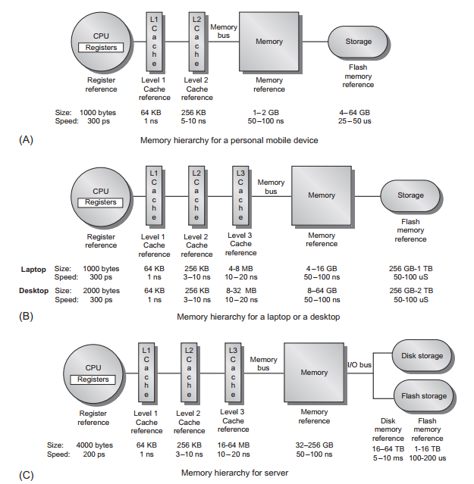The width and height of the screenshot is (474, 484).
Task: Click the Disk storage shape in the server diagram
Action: click(422, 356)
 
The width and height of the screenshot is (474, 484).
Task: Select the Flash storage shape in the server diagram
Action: click(424, 396)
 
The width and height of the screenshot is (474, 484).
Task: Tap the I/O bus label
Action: click(359, 365)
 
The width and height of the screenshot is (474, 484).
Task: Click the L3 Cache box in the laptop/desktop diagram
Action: click(240, 195)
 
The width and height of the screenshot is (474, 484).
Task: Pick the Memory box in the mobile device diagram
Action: click(269, 42)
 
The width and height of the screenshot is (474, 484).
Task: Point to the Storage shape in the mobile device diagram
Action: click(358, 42)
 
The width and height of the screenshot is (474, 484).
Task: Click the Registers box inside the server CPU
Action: click(93, 379)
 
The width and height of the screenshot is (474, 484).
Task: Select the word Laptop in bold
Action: click(33, 270)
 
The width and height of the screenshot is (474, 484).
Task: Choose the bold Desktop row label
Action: click(33, 291)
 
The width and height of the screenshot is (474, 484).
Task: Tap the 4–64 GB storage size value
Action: click(354, 113)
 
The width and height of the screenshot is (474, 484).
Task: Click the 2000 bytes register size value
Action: click(101, 291)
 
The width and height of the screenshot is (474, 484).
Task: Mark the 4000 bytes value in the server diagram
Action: click(95, 445)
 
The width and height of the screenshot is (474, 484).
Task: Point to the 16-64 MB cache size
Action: click(234, 445)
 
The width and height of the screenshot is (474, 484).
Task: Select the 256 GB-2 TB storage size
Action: click(411, 291)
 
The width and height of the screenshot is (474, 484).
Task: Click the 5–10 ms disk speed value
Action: click(388, 458)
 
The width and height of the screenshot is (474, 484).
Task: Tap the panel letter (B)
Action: click(26, 317)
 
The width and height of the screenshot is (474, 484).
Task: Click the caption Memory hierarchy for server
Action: click(234, 473)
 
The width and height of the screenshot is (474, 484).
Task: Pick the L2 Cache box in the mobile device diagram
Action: click(196, 42)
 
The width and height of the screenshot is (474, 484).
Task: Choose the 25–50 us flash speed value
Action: click(354, 121)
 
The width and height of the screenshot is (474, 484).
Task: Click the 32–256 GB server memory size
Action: click(314, 445)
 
